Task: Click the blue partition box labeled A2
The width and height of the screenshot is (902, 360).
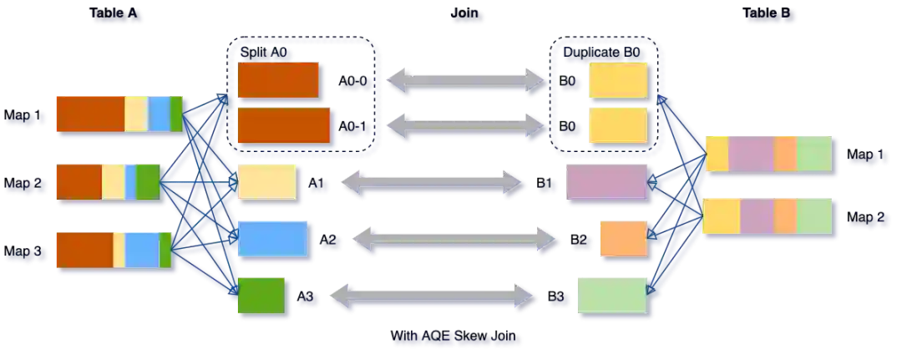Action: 272,238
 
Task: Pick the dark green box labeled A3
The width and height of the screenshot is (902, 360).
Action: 261,295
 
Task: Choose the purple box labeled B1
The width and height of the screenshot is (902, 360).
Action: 607,181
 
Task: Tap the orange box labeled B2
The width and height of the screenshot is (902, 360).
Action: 622,238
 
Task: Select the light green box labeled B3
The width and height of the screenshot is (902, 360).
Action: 611,294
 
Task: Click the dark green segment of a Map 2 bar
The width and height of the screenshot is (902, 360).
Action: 148,181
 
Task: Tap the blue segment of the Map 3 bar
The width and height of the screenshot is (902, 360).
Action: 142,249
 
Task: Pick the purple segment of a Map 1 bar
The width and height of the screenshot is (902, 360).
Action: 751,154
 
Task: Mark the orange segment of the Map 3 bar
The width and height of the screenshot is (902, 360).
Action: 84,249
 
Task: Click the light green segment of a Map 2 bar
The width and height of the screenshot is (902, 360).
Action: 814,215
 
